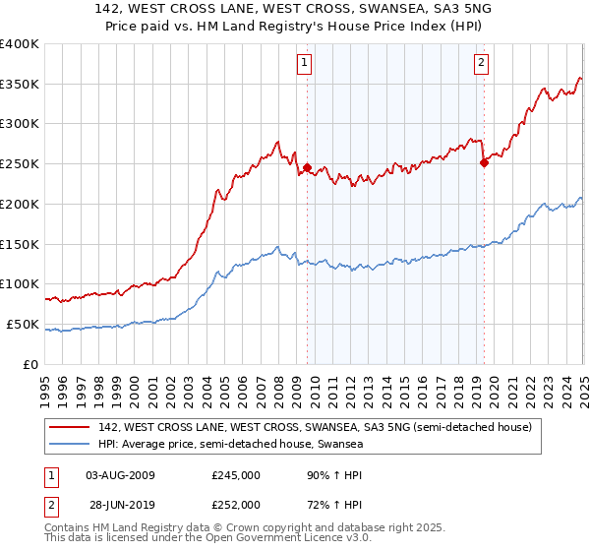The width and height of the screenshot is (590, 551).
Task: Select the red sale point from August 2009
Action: coord(307,167)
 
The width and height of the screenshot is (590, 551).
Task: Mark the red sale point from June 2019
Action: coord(484,163)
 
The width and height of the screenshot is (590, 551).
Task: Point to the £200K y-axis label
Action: coord(20,204)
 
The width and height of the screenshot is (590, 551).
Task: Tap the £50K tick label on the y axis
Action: coord(23,324)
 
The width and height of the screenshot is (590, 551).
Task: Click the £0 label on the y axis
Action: coord(31,364)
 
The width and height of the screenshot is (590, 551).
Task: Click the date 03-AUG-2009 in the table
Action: coord(120,475)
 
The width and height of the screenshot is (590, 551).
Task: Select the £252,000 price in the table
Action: coord(236,504)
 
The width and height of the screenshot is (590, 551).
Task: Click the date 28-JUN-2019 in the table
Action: coord(120,504)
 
